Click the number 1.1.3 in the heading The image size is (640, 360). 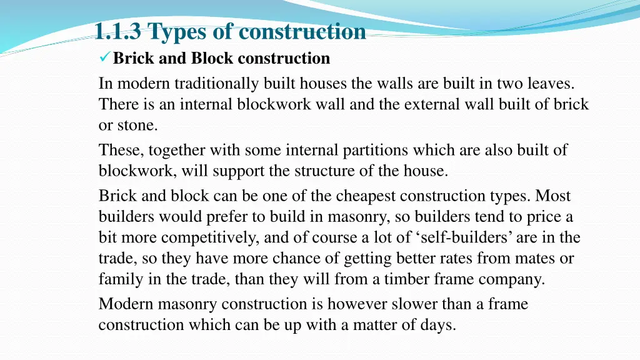[119, 31]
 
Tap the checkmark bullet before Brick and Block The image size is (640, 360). [104, 59]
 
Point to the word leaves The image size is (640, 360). [551, 82]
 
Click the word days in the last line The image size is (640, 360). [438, 325]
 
